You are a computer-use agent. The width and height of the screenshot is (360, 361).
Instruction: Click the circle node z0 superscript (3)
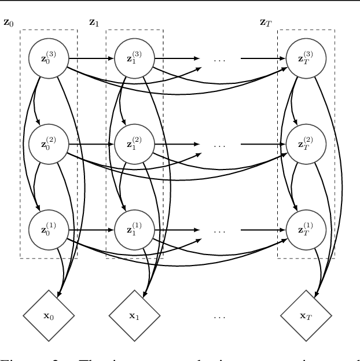point(49,58)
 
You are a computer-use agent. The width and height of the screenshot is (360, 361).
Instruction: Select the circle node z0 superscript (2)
point(49,143)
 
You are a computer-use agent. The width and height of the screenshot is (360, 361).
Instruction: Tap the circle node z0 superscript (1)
point(49,229)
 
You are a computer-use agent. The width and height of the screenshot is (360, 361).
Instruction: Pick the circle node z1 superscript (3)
point(134,58)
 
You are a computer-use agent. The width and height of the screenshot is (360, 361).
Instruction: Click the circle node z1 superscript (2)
point(134,143)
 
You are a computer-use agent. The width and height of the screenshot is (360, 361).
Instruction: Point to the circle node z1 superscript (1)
point(134,229)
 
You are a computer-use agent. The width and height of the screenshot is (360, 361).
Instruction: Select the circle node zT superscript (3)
point(306,58)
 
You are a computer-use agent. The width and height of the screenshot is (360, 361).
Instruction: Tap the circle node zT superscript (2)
point(306,143)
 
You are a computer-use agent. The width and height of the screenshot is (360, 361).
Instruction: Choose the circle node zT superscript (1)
point(306,229)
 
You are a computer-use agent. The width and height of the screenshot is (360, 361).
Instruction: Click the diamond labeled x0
point(49,316)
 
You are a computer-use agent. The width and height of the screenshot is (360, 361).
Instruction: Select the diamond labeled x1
point(134,316)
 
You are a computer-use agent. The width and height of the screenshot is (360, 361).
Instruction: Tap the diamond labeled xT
point(306,316)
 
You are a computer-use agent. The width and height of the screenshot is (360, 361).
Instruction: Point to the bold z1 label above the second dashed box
point(94,23)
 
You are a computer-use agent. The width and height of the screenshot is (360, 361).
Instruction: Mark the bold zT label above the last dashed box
point(266,23)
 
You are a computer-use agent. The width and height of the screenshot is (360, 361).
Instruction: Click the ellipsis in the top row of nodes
point(219,59)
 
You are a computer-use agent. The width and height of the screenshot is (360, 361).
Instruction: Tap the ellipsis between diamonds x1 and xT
point(219,317)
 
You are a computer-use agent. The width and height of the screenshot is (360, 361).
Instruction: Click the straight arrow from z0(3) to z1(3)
point(91,58)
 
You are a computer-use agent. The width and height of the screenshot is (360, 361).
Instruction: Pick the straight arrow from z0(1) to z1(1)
point(91,229)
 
